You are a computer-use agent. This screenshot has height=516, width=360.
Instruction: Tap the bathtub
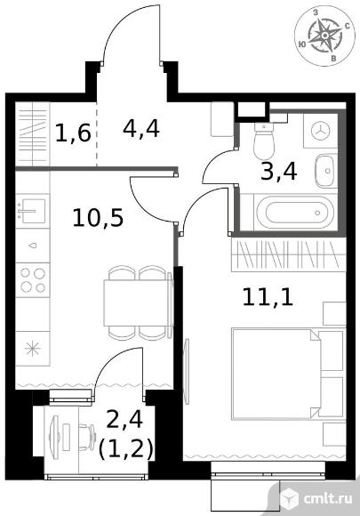(x=295, y=212)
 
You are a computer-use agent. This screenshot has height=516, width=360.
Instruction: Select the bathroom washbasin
(x=326, y=171)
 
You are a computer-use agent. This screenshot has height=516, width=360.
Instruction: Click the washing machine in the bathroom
(x=320, y=132)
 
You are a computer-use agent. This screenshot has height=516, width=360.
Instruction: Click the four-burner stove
(x=33, y=280)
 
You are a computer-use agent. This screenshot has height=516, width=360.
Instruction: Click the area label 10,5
(x=98, y=218)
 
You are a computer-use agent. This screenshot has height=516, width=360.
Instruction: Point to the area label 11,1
(x=268, y=297)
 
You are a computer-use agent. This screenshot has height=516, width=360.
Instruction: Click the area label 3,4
(x=279, y=171)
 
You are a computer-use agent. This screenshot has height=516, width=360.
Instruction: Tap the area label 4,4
(x=141, y=128)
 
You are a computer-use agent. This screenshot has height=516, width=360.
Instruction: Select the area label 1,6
(x=73, y=133)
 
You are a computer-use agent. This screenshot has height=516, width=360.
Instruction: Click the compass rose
(x=324, y=36)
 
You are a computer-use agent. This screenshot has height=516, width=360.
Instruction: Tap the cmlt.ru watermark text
(x=328, y=499)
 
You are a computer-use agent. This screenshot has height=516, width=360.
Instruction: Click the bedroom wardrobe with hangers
(x=289, y=255)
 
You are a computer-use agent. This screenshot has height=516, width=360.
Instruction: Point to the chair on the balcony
(x=87, y=432)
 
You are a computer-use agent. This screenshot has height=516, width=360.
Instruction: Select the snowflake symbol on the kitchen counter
(x=33, y=349)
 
